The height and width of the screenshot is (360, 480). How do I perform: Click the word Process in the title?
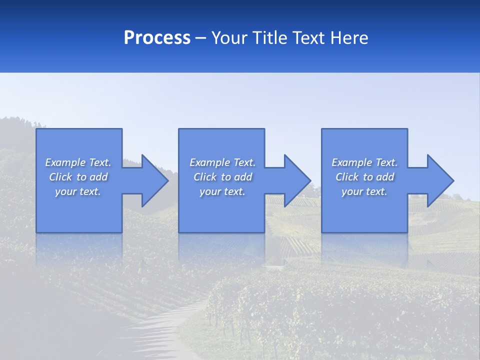pos(157,38)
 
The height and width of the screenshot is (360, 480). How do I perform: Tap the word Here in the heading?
pos(349,38)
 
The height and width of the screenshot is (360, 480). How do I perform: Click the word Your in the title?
pos(230,38)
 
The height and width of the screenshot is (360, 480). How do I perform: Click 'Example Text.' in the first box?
pos(78,162)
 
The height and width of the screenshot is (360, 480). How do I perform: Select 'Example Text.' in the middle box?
pos(222,162)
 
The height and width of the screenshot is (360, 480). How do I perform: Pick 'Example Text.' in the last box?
pos(364,162)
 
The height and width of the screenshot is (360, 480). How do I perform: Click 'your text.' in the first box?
pos(78,191)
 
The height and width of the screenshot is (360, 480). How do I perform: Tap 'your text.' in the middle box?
pos(222,191)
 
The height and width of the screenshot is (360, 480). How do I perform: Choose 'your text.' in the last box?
pos(364,191)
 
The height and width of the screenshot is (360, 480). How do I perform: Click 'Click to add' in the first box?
pos(78,177)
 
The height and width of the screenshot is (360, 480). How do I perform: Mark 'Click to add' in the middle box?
pos(222,177)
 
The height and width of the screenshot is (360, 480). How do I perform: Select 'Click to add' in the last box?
pos(364,177)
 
